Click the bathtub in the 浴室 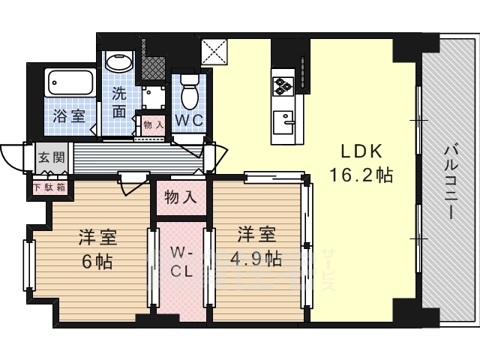point(70,82)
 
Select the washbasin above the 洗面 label point(117,63)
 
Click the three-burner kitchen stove point(283,85)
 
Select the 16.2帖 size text point(361,176)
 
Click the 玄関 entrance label point(52,159)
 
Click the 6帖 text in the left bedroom point(97,262)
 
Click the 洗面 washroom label point(119,102)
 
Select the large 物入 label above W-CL point(180,198)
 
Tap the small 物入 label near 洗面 point(153,125)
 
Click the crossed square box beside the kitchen point(213,52)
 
